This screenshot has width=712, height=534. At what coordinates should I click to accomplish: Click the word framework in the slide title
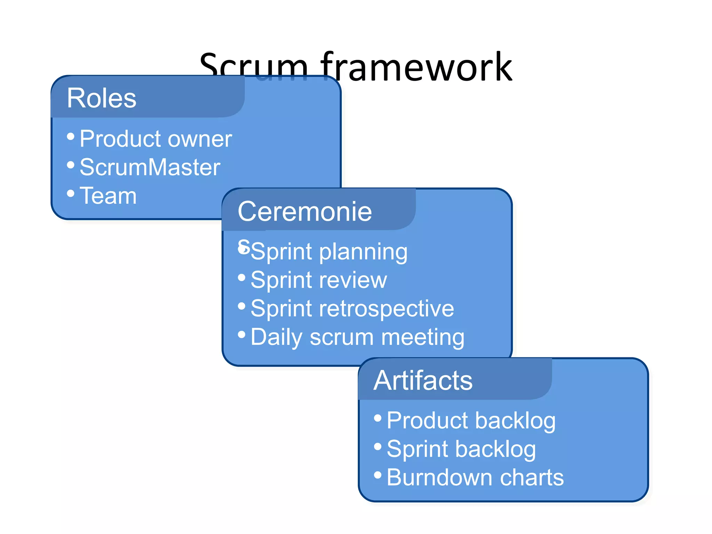click(416, 67)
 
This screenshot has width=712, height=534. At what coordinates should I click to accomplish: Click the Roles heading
click(102, 98)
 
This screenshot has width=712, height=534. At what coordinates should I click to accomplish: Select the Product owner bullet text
click(155, 139)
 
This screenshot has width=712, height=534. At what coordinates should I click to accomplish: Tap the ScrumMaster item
click(150, 168)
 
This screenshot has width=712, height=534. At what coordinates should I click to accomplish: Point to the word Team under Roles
click(108, 196)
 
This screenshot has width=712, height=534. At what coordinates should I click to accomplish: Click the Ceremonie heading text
click(305, 212)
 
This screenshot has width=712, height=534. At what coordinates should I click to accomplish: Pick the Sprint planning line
click(329, 252)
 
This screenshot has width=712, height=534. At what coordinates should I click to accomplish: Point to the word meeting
click(423, 337)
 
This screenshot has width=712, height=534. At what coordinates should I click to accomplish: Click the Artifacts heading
click(423, 381)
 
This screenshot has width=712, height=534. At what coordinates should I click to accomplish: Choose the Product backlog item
click(471, 421)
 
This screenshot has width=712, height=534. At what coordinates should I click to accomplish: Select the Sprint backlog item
click(461, 450)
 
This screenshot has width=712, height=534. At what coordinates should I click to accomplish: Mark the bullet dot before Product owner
click(71, 136)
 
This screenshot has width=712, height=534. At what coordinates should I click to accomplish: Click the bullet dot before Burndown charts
click(378, 475)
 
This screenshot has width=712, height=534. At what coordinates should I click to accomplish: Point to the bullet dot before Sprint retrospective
click(242, 306)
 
